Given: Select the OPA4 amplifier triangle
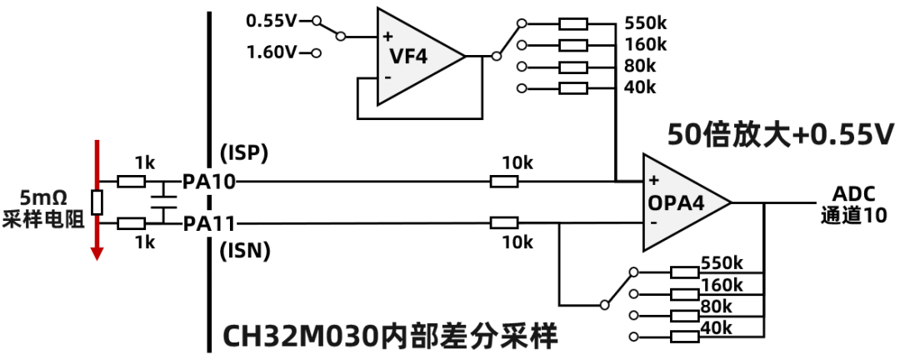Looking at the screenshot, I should click(681, 202).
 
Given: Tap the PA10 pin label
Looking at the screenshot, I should click(210, 181).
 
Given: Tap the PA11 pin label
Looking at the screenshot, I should click(210, 223).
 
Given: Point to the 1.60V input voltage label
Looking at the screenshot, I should click(272, 52).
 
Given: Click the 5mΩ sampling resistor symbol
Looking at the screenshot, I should click(97, 202).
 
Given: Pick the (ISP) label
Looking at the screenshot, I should click(242, 152).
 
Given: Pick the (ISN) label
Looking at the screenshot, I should click(243, 251).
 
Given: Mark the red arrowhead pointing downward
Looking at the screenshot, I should click(97, 252).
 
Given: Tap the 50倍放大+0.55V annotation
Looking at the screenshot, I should click(780, 132).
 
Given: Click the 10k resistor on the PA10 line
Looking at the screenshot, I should click(503, 181).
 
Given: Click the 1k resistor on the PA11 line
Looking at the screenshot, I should click(132, 223).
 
